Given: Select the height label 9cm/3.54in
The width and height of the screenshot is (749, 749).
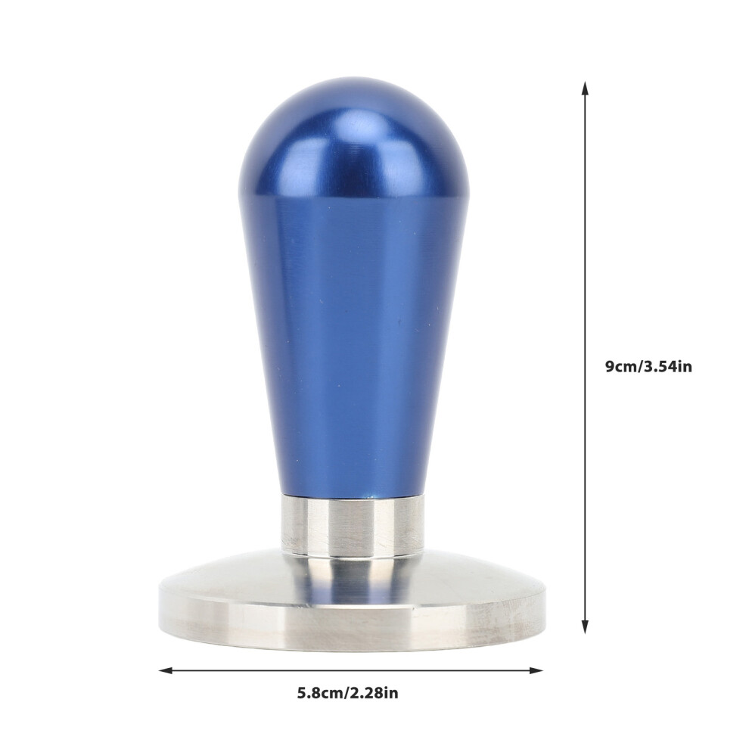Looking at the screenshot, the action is pyautogui.click(x=648, y=367).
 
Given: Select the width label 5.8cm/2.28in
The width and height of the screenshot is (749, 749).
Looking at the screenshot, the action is pyautogui.click(x=348, y=693).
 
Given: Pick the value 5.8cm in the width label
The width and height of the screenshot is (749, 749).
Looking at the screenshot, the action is pyautogui.click(x=319, y=693).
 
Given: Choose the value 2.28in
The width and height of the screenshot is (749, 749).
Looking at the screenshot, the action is pyautogui.click(x=373, y=693).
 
